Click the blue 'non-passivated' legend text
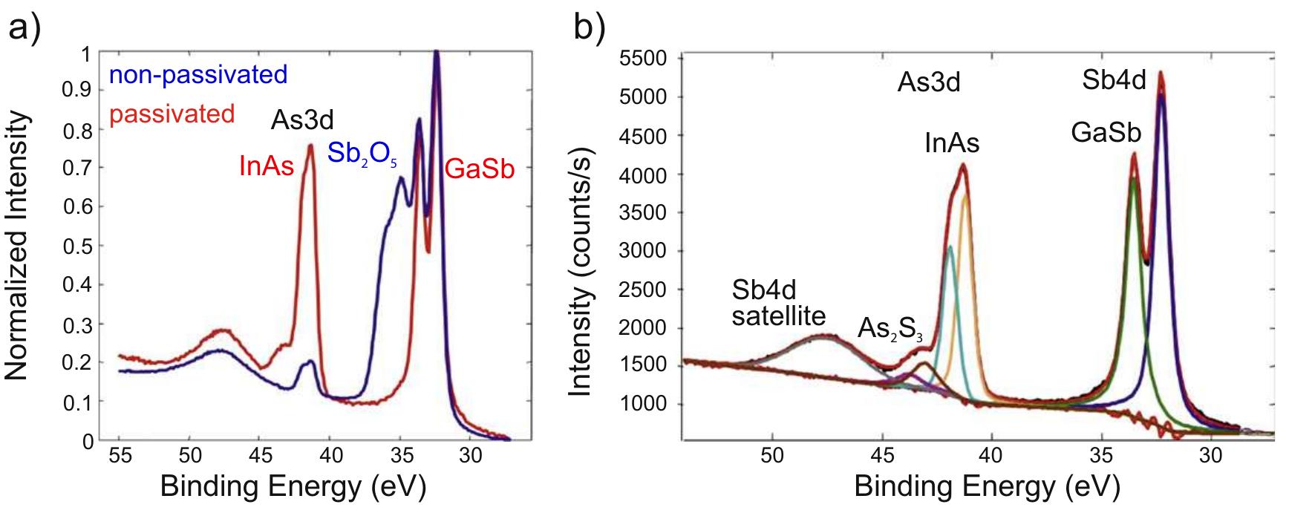click(198, 75)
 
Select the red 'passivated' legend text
click(172, 114)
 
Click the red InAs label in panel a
click(267, 167)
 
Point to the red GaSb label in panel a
click(479, 169)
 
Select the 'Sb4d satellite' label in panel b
click(778, 303)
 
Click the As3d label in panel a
click(302, 120)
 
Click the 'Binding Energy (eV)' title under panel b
click(986, 486)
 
